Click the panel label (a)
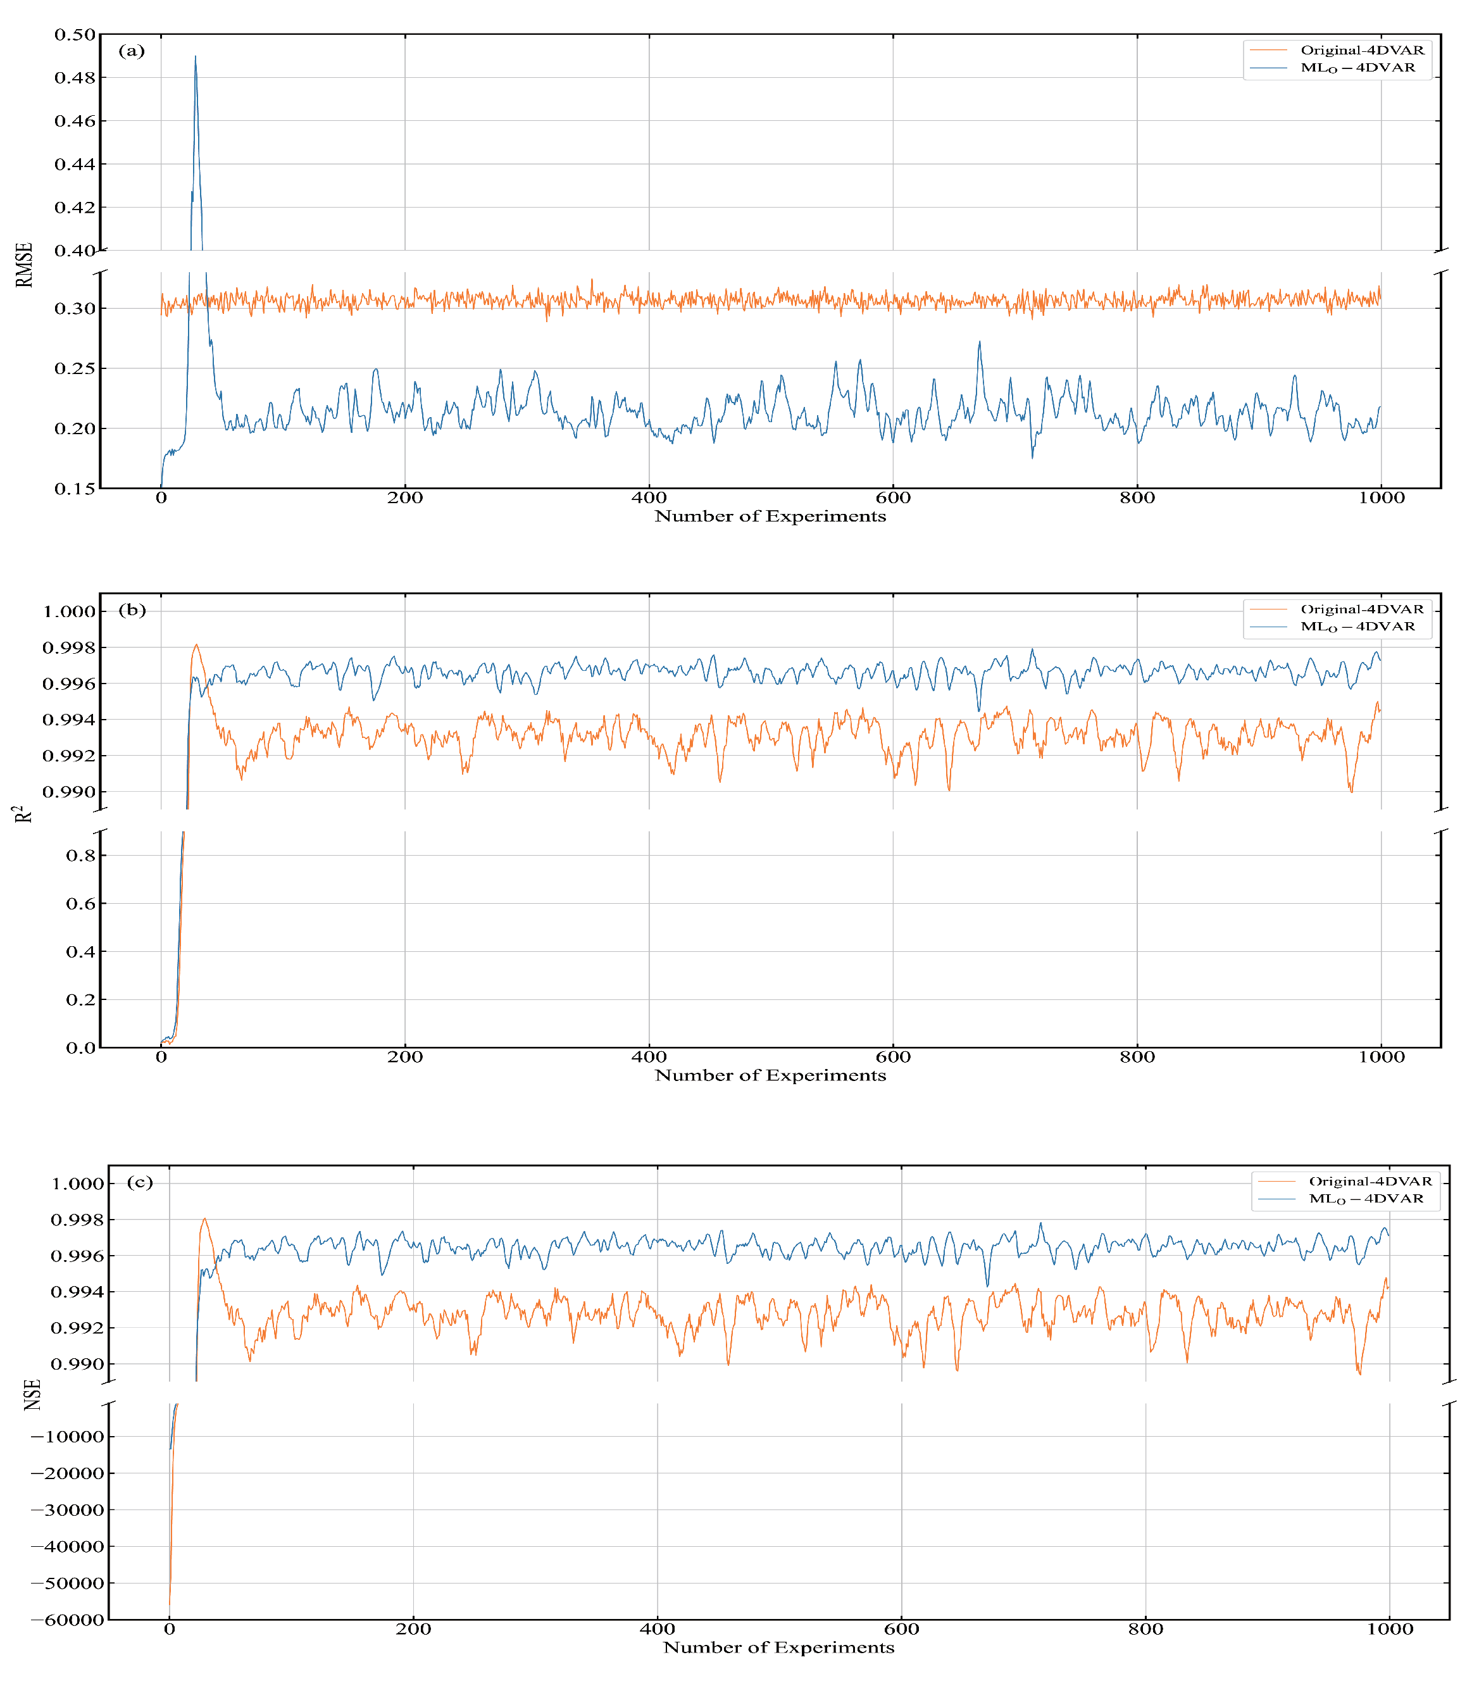pyautogui.click(x=132, y=51)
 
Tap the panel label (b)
pyautogui.click(x=132, y=609)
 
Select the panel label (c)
pyautogui.click(x=140, y=1182)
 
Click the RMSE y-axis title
pyautogui.click(x=25, y=265)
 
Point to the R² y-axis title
pyautogui.click(x=25, y=814)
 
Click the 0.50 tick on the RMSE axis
pyautogui.click(x=75, y=35)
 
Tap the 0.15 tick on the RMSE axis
pyautogui.click(x=75, y=489)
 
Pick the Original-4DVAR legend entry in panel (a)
pyautogui.click(x=1361, y=50)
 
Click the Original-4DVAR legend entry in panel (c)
pyautogui.click(x=1370, y=1181)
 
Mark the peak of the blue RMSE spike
pyautogui.click(x=195, y=56)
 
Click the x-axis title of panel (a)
pyautogui.click(x=770, y=516)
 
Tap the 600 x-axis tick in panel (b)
pyautogui.click(x=893, y=1057)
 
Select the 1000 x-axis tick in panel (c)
pyautogui.click(x=1389, y=1629)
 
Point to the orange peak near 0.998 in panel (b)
pyautogui.click(x=196, y=645)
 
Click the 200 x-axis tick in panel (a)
pyautogui.click(x=404, y=497)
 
